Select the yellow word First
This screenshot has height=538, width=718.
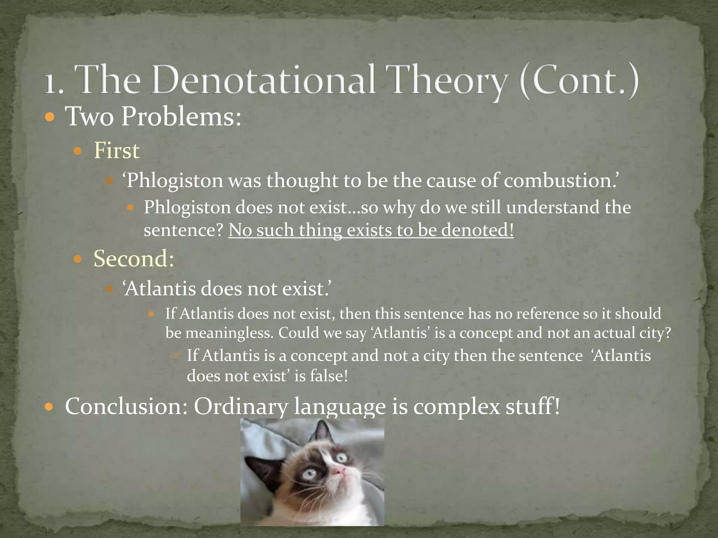(x=117, y=151)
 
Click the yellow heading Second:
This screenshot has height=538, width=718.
(x=134, y=259)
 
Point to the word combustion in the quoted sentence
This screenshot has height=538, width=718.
(x=559, y=181)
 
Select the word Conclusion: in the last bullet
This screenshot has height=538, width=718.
(x=126, y=407)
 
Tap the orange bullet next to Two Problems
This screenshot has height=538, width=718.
(x=50, y=117)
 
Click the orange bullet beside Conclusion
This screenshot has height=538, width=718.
(x=50, y=407)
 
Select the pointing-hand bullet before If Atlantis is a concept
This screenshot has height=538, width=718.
(x=175, y=356)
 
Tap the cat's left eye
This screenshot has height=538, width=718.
(x=309, y=475)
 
